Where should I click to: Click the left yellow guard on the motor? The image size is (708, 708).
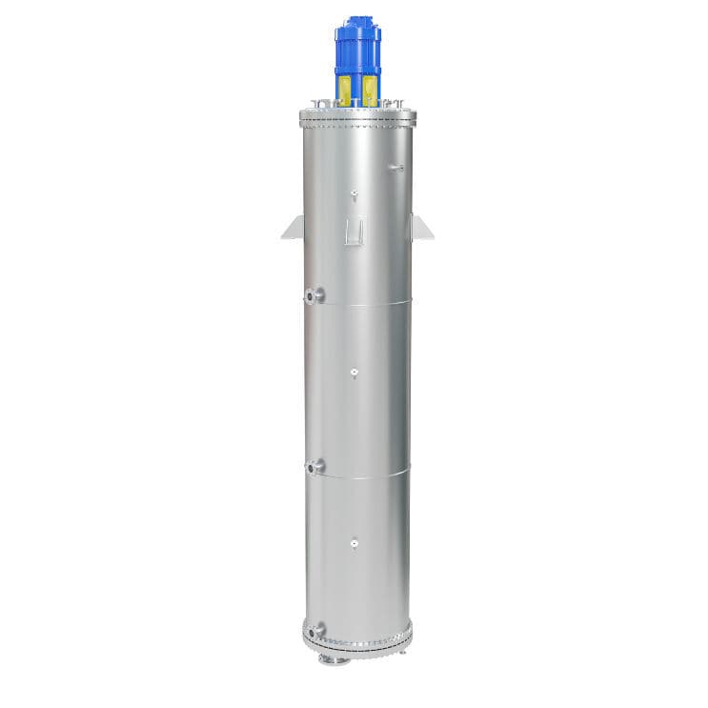(344, 89)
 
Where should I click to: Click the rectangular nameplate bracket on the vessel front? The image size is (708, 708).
(354, 229)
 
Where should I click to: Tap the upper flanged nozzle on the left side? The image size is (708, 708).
(314, 295)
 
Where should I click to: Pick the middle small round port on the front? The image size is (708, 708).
(354, 372)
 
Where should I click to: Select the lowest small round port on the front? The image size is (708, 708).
(354, 544)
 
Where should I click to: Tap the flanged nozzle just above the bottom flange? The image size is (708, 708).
(314, 629)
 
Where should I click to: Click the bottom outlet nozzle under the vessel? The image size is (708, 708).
(330, 658)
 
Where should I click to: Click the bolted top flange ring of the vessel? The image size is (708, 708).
(357, 119)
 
